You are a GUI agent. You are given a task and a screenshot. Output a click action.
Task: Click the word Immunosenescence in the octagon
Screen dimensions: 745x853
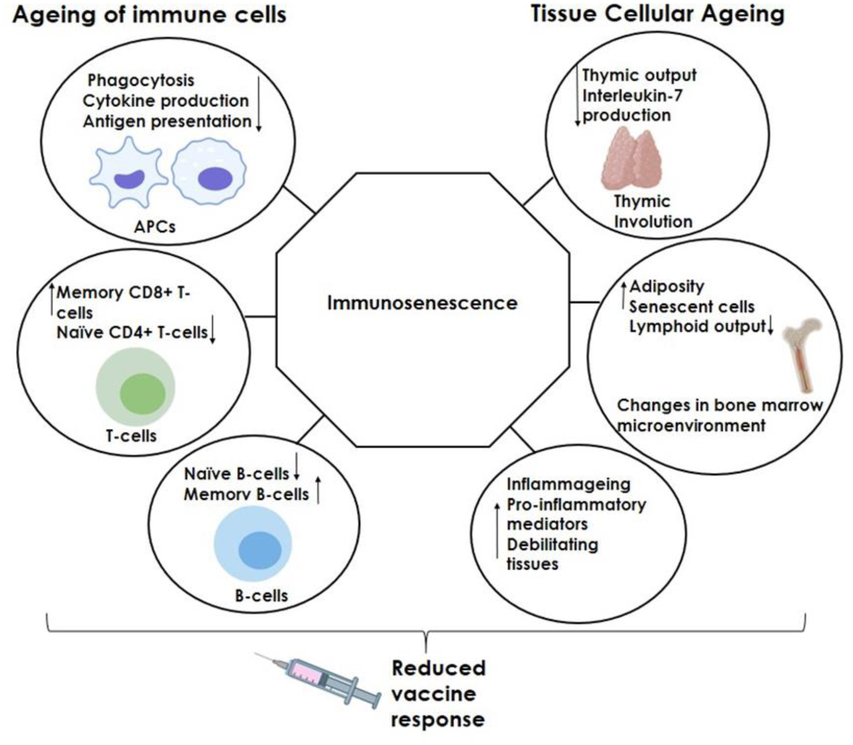[422, 303]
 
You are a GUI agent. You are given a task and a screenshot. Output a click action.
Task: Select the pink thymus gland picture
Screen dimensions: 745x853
[631, 159]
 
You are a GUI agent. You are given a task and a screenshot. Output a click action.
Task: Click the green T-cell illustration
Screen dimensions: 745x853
[136, 387]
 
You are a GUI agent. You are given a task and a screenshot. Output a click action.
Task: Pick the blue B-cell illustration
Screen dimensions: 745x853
[253, 544]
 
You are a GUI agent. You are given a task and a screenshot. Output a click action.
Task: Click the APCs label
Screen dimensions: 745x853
[155, 227]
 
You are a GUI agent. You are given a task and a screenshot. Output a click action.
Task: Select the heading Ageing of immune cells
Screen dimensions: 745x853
[149, 15]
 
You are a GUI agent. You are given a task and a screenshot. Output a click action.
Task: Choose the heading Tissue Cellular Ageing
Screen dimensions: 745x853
[657, 14]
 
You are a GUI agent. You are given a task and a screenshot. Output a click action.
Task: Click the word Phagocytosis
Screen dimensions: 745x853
[141, 80]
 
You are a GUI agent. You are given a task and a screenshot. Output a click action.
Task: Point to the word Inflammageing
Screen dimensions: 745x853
[569, 484]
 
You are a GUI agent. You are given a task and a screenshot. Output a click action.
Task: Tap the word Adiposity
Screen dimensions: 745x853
[667, 286]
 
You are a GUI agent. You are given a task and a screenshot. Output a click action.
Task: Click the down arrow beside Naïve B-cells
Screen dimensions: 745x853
[297, 467]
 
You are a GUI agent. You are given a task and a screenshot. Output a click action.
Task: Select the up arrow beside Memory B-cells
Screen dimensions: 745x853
[318, 490]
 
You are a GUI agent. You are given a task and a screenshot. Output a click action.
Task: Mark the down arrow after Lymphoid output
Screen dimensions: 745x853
[770, 325]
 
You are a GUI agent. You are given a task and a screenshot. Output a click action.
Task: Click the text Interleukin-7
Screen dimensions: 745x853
[632, 95]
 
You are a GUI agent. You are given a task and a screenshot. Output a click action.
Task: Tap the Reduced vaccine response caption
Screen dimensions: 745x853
[438, 694]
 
